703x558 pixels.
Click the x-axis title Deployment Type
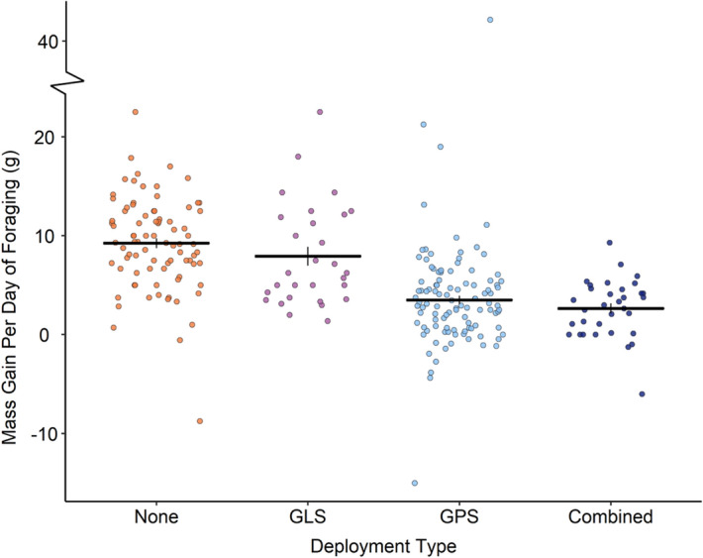click(383, 544)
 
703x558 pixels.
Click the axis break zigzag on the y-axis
click(66, 87)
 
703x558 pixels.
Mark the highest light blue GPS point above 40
click(489, 20)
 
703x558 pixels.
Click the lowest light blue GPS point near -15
click(415, 484)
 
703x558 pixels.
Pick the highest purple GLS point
click(320, 112)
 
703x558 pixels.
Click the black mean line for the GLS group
click(307, 256)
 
